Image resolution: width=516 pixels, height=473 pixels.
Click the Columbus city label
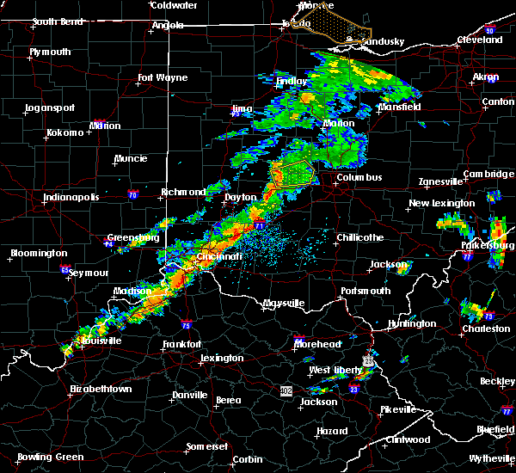coord(359,178)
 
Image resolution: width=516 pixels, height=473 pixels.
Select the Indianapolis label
coord(71,197)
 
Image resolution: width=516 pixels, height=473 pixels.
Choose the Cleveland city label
coord(479,40)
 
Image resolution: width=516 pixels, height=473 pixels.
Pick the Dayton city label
coord(240,197)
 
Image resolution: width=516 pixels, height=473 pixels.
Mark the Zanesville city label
coord(441,182)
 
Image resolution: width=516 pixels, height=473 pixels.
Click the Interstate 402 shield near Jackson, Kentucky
coord(286,390)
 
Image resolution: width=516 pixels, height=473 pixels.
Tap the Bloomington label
coord(39,254)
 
